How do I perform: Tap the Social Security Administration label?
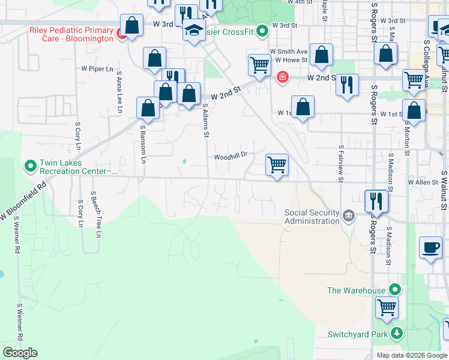point(312,217)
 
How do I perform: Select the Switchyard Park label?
point(356,334)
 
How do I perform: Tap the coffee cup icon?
point(430,247)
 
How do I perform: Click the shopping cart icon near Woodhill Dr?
point(277,164)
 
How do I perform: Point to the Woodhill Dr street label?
point(232,157)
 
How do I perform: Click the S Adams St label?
point(205,121)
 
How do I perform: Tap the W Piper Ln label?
point(97,69)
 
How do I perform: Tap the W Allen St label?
point(423,182)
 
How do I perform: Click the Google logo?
point(20,353)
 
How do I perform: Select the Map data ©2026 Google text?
point(412,355)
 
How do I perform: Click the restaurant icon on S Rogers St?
point(376,200)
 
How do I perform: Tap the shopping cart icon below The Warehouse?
point(387,308)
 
